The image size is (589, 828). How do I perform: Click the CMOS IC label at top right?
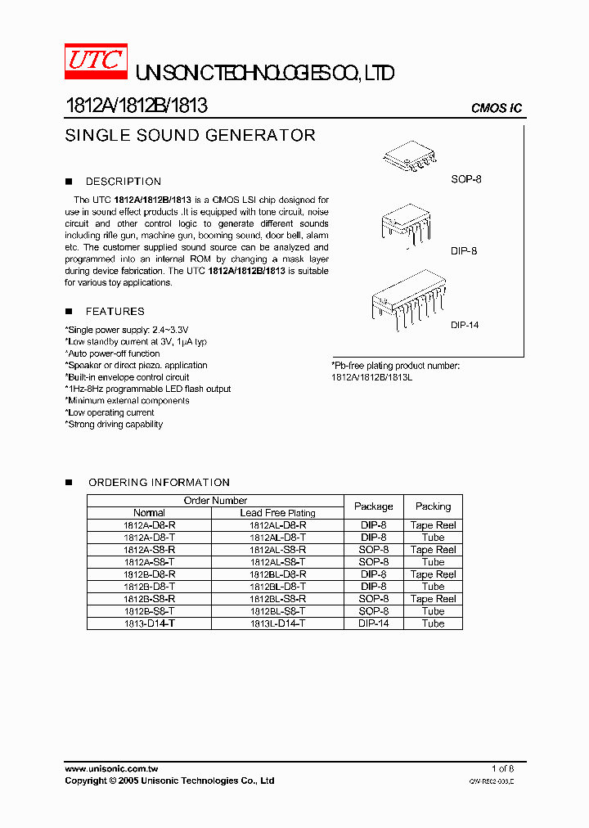496,108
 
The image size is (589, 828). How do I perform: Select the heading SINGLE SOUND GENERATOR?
190,136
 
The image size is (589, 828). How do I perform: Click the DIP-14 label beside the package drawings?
464,325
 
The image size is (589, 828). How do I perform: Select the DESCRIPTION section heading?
124,182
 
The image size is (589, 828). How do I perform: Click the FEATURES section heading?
115,312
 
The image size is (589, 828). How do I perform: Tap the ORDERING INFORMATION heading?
159,483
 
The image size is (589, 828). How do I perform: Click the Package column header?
373,506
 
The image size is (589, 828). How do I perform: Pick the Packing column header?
433,506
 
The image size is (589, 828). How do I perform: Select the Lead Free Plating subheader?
277,513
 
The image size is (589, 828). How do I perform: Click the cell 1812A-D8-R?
149,525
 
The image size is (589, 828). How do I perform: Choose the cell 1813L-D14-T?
277,623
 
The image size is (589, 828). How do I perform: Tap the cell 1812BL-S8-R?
277,599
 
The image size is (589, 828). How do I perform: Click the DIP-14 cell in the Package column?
373,623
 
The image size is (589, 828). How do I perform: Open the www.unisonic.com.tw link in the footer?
111,769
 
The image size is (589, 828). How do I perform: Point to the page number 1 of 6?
502,769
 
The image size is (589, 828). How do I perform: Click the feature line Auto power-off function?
113,353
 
